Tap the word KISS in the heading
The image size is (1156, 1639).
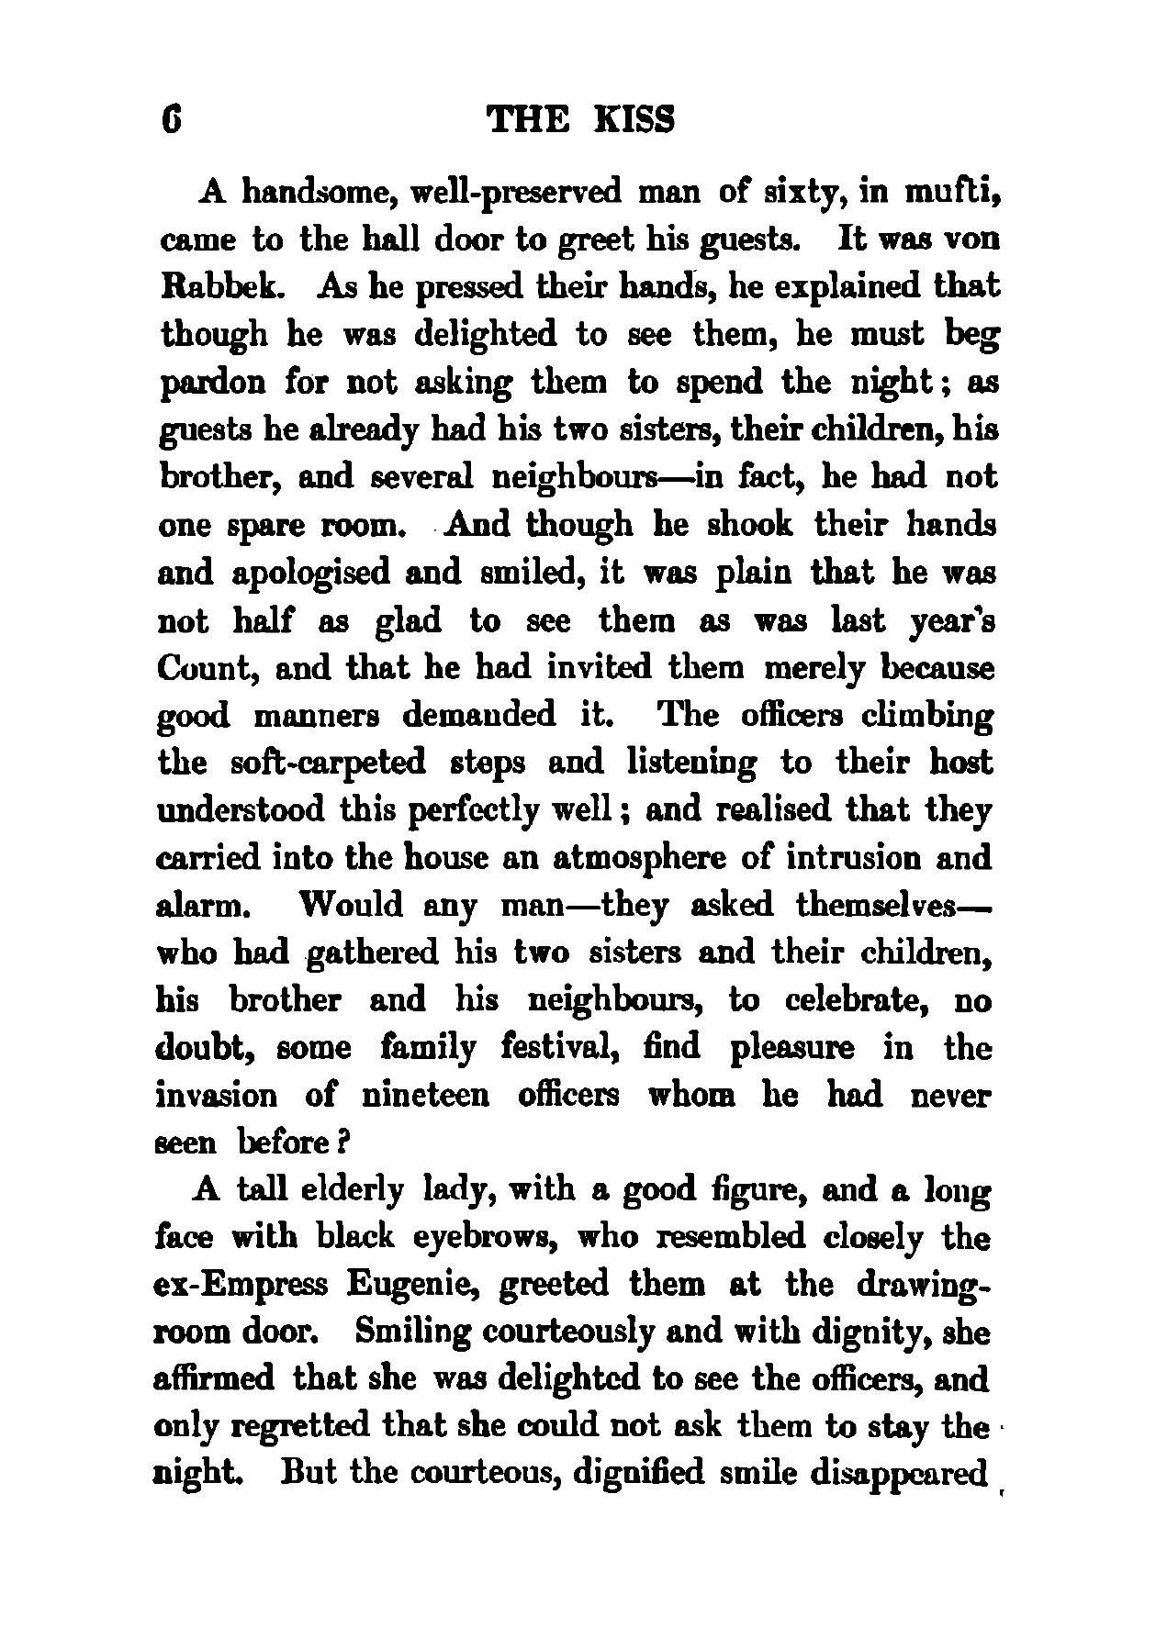(634, 120)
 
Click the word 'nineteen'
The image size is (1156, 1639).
(425, 1096)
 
